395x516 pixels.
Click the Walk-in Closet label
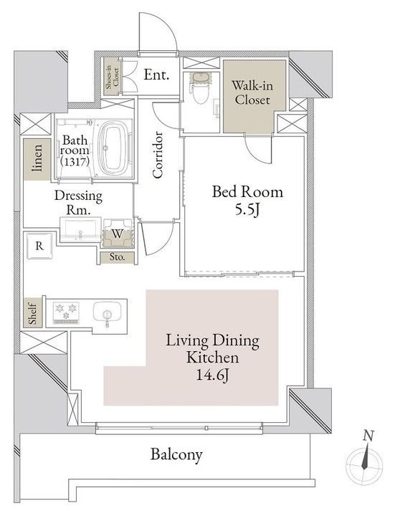252,92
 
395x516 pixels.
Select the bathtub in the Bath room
114,149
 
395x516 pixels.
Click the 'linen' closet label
38,158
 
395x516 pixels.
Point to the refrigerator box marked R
39,246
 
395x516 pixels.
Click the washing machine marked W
118,234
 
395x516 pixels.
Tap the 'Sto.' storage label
117,257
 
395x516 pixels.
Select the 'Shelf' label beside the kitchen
32,312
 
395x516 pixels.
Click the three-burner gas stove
66,312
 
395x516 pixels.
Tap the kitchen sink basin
108,311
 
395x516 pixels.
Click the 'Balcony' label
176,455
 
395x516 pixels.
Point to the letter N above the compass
368,436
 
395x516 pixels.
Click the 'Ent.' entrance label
156,75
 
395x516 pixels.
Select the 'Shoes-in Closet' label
113,77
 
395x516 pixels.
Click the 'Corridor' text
158,155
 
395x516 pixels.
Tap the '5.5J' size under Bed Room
247,209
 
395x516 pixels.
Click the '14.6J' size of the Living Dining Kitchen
213,375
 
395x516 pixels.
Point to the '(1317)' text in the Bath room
75,161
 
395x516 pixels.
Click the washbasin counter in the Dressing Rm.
80,229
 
